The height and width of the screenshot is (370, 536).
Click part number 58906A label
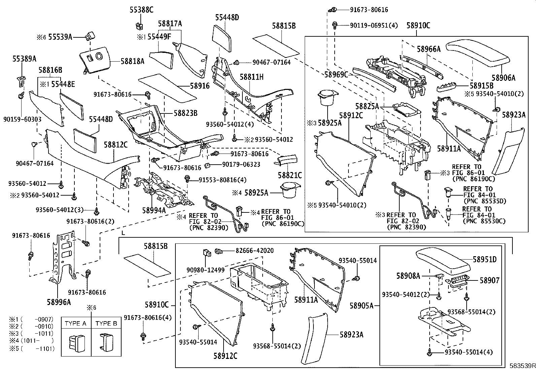coord(503,78)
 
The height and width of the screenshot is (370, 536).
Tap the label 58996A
coord(59,302)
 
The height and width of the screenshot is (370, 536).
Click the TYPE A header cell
coord(76,324)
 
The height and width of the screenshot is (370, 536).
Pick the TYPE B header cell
coord(106,324)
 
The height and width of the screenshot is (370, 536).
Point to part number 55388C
coord(141,10)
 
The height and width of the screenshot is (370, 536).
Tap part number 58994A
coord(154,210)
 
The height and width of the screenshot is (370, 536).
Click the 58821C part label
coord(290,175)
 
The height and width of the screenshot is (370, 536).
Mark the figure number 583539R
coord(522,366)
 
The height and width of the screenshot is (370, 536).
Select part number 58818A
coord(132,61)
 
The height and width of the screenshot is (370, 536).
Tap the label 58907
coord(489,280)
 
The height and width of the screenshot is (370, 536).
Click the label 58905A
coord(362,306)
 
